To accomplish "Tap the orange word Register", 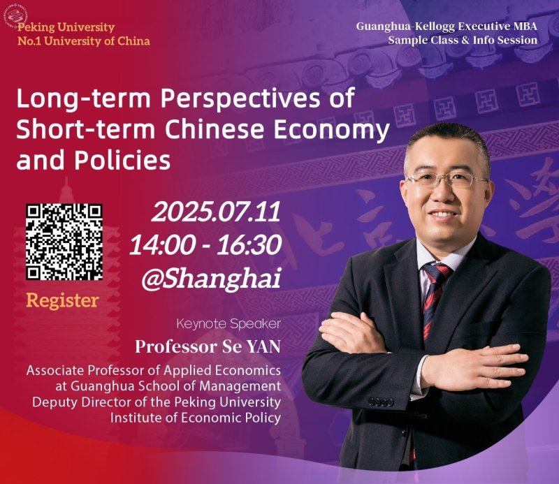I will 62,301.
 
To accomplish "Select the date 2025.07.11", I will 216,212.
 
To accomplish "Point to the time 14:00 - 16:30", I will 205,245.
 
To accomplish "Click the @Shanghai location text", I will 210,279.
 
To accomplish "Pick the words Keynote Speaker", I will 238,324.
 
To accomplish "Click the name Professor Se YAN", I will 208,346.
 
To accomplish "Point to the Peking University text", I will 66,27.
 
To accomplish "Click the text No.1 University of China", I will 83,41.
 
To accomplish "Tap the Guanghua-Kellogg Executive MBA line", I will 447,27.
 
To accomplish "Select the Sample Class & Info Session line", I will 463,41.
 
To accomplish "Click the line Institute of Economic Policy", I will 195,418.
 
